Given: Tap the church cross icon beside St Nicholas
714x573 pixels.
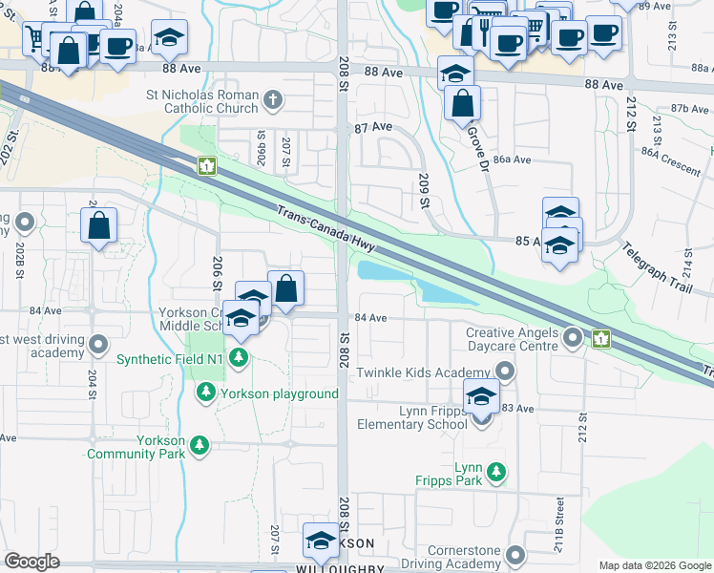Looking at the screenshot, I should (273, 99).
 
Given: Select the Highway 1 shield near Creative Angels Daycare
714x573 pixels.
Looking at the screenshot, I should (601, 338).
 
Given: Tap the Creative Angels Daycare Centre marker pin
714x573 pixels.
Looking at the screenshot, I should (572, 337).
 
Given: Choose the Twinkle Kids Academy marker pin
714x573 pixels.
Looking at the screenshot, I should (505, 371).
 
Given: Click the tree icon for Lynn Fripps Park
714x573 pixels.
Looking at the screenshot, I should (495, 471).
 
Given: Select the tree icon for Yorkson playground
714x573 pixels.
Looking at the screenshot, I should (205, 393).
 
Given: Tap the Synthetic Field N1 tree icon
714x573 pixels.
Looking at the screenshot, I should (239, 359).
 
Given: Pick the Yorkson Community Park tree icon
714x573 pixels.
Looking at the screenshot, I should (199, 445).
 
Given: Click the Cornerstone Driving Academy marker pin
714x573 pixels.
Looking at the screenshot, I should (516, 555).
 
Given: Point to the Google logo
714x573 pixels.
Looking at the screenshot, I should (32, 561).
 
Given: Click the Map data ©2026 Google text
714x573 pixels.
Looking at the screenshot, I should (655, 565).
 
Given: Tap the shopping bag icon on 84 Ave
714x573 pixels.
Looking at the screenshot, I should (285, 286).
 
